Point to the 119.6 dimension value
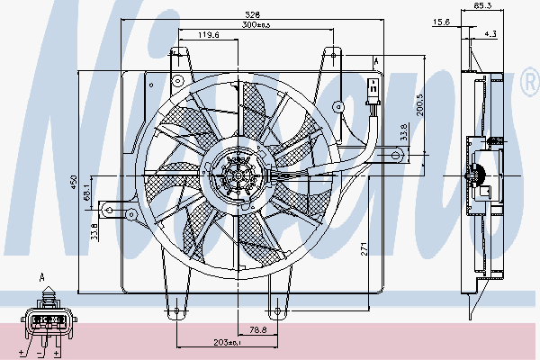click(x=210, y=35)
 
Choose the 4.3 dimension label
click(x=490, y=33)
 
